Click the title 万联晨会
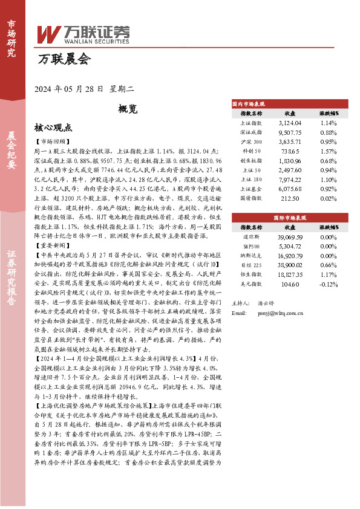pos(64,59)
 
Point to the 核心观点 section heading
pos(53,128)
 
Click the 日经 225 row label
pos(251,265)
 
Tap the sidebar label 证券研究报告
pos(11,284)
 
